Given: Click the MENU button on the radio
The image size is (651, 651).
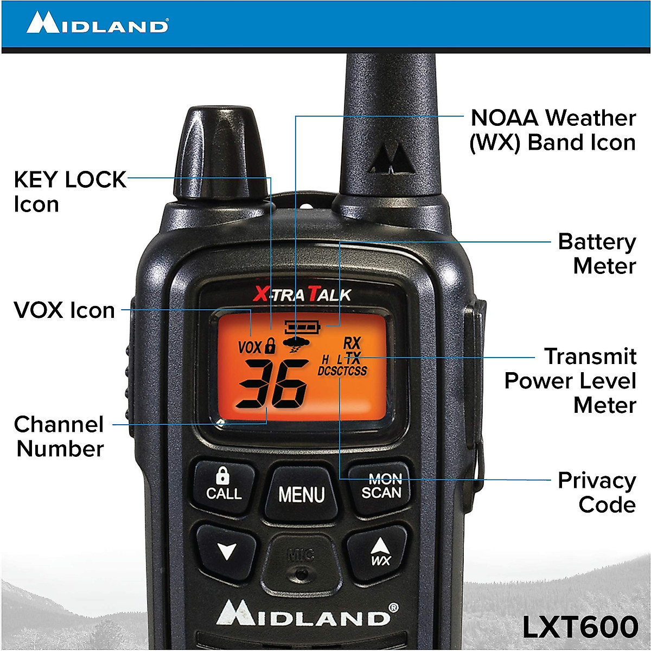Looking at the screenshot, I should coord(301,494).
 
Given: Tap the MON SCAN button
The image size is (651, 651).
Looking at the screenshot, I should coord(381,486).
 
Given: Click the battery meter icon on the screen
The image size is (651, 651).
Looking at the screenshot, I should coord(303,327).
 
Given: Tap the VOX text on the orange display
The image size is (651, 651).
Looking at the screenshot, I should coord(250,347).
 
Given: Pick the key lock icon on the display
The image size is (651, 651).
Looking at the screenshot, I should coord(270,346).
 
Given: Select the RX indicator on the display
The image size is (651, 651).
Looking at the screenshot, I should coord(352,343).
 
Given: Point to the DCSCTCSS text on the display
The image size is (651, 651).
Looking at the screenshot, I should coord(342,371).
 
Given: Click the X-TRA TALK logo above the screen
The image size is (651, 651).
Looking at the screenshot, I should coord(302,295).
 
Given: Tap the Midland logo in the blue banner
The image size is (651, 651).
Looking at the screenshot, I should coord(98,24).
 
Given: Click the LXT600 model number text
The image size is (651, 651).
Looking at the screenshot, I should coord(580,627).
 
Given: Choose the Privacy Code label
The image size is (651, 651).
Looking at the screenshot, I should coord(596,492).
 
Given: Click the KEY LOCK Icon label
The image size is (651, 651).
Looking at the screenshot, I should coord(69,192).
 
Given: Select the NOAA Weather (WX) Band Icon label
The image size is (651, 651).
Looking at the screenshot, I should coord(552,130).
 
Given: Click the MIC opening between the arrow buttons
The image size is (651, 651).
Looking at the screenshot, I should coord(301,573).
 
